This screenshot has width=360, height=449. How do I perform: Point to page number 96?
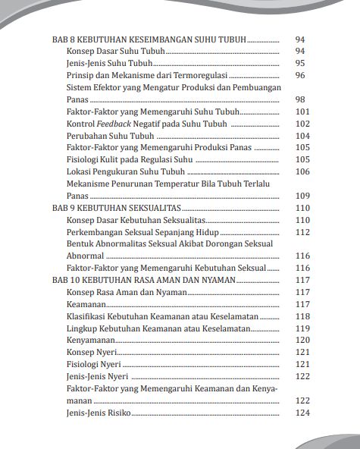299,75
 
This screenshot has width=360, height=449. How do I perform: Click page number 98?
299,99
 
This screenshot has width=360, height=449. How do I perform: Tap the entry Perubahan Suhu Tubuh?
110,135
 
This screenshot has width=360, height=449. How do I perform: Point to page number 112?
302,232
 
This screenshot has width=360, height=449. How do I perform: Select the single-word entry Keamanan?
87,304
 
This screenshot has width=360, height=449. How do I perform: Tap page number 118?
302,316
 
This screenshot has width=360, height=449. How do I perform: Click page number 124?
302,413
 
